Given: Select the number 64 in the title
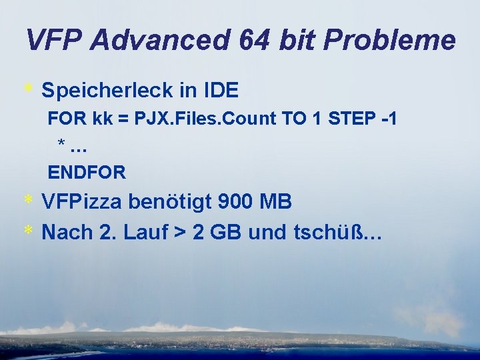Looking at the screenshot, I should [x=257, y=41].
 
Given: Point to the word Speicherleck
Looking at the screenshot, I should [x=107, y=90].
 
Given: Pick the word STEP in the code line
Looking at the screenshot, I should [x=351, y=119].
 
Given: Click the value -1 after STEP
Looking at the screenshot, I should [x=389, y=119].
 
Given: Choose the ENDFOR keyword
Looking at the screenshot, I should [x=87, y=173].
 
